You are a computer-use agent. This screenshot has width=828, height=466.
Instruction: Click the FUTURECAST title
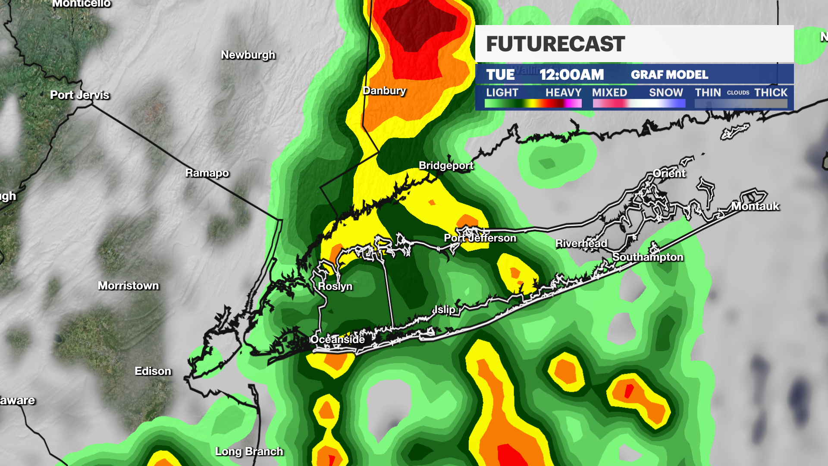pos(555,44)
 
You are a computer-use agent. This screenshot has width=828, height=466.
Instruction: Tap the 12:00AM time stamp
pos(571,75)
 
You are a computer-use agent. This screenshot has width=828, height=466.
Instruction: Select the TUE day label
pos(500,75)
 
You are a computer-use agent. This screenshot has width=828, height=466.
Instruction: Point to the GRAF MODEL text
pos(669,75)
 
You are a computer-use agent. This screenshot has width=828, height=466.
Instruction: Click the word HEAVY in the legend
pos(563,92)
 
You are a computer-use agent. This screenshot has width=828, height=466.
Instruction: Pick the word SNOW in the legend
pos(666,92)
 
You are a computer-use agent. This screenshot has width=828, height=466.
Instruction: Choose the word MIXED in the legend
pos(609,92)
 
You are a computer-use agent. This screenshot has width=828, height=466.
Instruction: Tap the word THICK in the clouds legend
pos(771,92)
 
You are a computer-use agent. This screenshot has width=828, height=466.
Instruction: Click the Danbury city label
pos(384,91)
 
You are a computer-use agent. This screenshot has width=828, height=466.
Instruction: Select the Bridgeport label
pos(446,165)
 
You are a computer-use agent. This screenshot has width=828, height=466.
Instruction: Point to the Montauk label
pos(755,206)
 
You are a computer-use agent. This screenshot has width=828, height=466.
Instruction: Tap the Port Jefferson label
pos(480,238)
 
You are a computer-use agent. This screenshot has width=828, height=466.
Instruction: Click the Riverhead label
pos(581,243)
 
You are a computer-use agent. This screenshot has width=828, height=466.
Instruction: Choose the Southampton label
pos(648,257)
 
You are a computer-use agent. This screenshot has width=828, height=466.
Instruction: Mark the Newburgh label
pos(248,55)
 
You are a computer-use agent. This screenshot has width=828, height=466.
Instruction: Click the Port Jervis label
pos(80,95)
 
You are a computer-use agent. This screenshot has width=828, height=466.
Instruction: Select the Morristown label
pos(128,286)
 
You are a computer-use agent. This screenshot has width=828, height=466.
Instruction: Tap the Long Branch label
pos(249,451)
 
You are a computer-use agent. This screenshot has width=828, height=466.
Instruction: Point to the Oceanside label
pos(338,340)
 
